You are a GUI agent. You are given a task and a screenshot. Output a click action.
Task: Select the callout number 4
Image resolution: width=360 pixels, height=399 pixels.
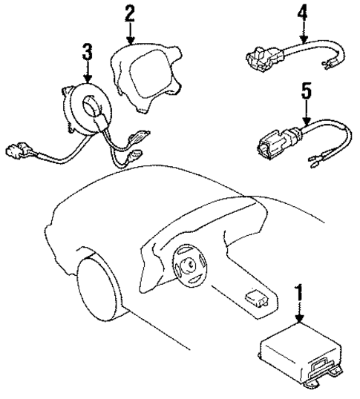(301, 13)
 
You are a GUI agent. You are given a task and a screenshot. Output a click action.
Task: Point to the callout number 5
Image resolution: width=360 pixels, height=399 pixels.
(304, 95)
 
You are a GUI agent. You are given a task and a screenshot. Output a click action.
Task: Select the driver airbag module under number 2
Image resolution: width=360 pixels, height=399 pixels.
(145, 74)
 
